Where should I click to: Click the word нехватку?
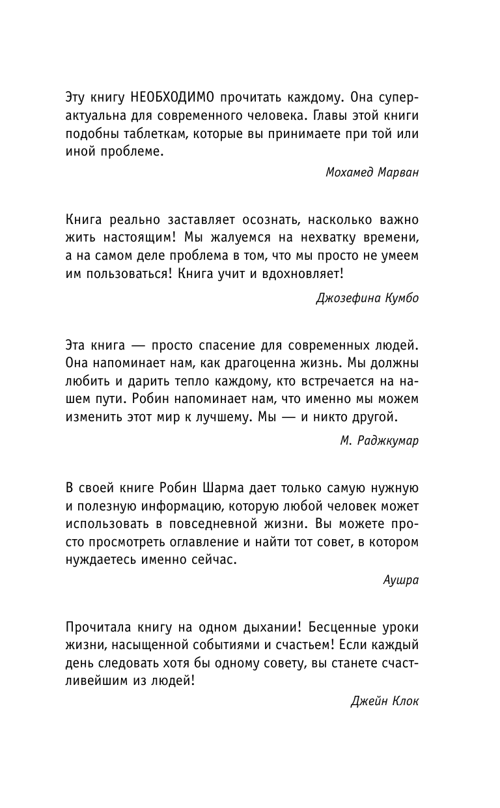tap(309, 240)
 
